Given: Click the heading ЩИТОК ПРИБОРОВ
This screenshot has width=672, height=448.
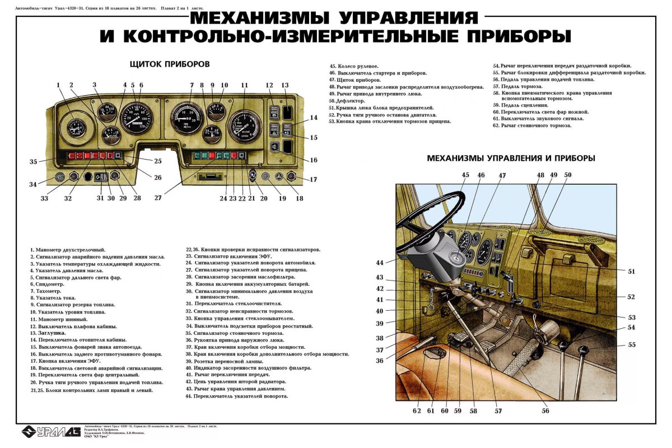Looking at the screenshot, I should click(169, 64).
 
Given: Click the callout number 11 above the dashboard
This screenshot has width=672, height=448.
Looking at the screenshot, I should click(244, 85).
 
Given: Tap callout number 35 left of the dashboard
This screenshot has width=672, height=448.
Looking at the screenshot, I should click(34, 161).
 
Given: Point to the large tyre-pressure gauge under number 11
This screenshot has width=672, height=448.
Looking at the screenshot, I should click(245, 126).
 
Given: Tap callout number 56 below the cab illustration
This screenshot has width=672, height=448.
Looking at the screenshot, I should click(545, 410).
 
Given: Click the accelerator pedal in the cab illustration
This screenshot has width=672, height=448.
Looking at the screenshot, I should click(518, 363).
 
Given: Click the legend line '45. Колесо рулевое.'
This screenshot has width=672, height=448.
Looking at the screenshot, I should click(354, 66).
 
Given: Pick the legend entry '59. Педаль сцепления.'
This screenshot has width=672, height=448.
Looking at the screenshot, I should click(520, 105).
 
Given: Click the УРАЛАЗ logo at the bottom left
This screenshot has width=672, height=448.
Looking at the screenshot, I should click(50, 431).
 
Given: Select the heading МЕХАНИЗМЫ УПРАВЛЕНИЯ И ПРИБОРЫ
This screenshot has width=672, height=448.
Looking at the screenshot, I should click(511, 158).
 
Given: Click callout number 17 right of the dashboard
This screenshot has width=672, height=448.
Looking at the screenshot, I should click(313, 180).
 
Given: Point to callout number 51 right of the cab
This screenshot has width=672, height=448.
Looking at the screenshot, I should click(631, 271).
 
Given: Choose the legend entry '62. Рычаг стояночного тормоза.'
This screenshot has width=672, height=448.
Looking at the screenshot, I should click(532, 125).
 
